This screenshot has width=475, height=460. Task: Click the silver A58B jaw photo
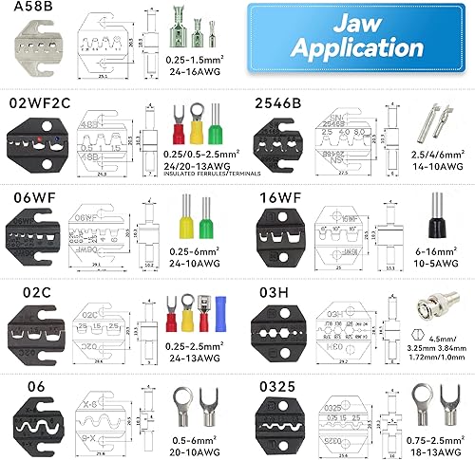pos(35,55)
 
